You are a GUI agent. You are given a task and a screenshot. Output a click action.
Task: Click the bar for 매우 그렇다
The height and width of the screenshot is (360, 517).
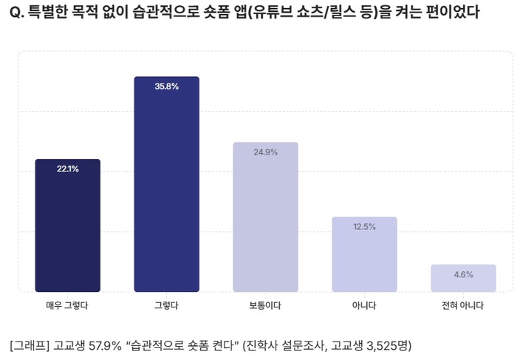click(x=67, y=225)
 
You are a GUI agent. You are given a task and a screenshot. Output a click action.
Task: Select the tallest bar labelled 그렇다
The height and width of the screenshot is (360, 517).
click(x=166, y=185)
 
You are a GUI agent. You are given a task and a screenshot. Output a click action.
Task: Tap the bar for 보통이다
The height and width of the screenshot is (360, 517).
click(x=265, y=217)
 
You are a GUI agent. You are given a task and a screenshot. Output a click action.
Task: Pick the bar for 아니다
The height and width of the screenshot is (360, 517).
click(x=364, y=254)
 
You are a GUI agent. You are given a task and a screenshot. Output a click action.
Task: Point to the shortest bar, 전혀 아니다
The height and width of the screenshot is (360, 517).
click(x=463, y=279)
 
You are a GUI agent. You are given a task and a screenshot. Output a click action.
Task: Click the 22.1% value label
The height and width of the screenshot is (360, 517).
click(x=67, y=169)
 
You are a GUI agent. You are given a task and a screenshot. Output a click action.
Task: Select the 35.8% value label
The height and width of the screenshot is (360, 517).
click(x=166, y=86)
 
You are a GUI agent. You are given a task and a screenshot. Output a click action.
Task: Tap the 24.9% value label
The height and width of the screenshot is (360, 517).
click(x=265, y=152)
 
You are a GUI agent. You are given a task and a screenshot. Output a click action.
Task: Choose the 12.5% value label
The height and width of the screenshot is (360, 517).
click(x=364, y=227)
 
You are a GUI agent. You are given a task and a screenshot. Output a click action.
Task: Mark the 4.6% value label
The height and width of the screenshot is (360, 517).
click(x=463, y=275)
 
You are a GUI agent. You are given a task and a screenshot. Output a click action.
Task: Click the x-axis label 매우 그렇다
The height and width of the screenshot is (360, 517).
click(x=67, y=305)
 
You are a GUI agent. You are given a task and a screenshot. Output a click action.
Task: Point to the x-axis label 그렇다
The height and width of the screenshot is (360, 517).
click(x=166, y=305)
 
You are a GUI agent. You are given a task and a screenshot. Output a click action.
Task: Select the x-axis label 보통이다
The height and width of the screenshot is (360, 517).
click(x=265, y=305)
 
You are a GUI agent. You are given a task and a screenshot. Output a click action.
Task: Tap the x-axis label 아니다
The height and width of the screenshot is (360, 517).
click(x=364, y=305)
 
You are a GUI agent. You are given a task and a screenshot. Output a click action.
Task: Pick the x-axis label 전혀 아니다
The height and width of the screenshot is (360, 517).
click(x=463, y=305)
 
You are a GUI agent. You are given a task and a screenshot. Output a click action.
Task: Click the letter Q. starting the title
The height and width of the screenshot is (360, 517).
click(x=20, y=14)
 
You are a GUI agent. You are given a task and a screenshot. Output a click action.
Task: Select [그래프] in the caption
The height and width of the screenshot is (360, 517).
click(x=30, y=345)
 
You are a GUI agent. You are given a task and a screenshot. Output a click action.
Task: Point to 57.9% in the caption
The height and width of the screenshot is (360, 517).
click(x=103, y=345)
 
